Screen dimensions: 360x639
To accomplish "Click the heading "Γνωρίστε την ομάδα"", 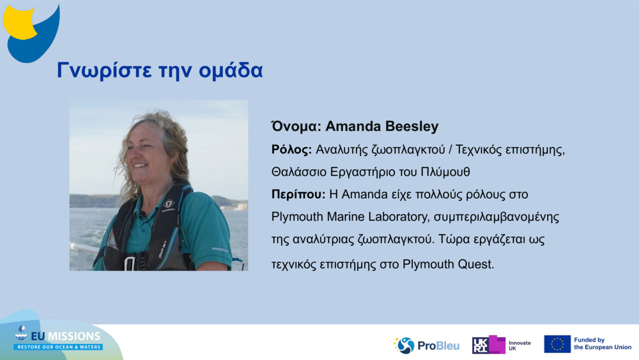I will [160, 70].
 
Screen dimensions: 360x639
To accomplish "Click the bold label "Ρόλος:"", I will [291, 150].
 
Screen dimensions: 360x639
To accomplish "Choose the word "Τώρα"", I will [442, 240].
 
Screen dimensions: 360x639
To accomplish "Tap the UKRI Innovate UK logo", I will [501, 345].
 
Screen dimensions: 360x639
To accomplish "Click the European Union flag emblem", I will [557, 344].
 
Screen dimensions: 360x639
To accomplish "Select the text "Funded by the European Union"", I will [602, 344].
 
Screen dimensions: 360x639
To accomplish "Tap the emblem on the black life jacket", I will [169, 205].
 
